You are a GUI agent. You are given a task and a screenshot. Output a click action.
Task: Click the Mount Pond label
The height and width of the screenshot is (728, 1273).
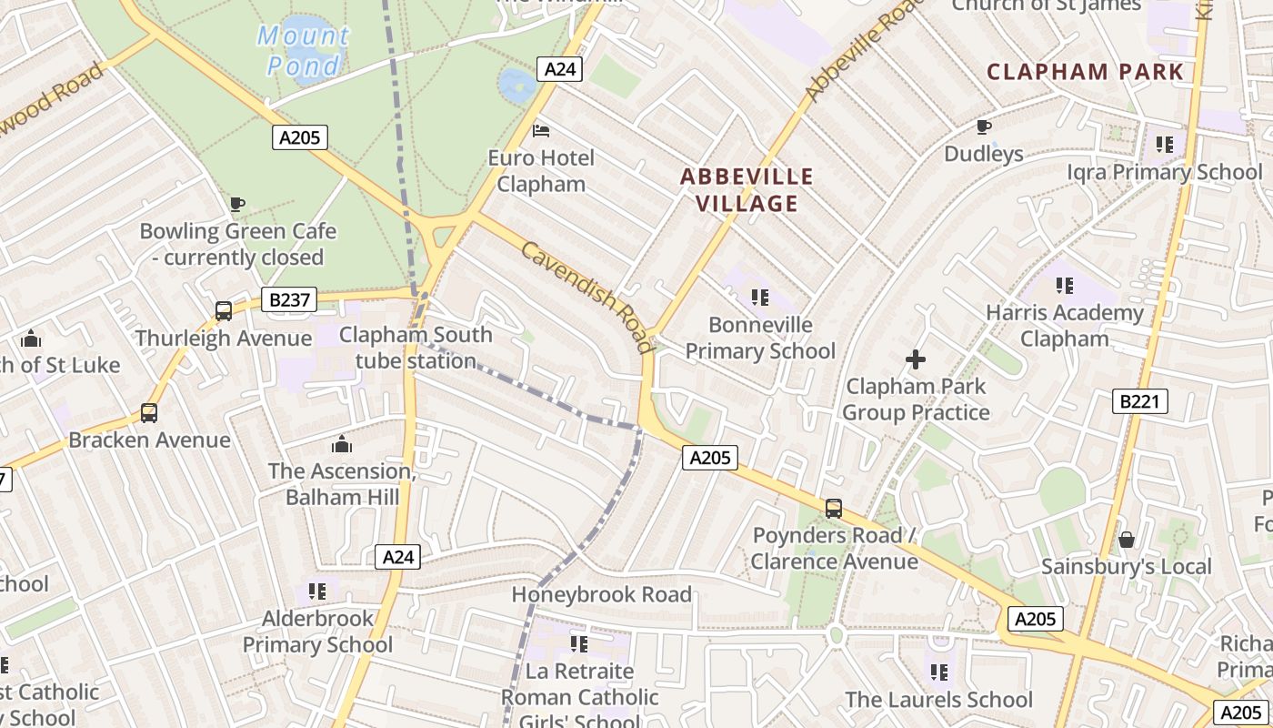(x=303, y=50)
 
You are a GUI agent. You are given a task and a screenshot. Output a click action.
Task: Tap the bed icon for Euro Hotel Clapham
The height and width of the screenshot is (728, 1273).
(x=541, y=131)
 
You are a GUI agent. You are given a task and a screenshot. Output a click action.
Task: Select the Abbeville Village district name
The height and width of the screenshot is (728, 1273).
(x=747, y=189)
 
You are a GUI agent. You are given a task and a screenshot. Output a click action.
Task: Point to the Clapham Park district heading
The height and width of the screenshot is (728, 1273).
(x=1085, y=72)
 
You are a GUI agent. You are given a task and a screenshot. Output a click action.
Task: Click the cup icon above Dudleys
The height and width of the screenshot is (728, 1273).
(x=983, y=126)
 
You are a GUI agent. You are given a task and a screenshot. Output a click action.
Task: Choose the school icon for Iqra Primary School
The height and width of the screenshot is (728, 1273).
(x=1165, y=145)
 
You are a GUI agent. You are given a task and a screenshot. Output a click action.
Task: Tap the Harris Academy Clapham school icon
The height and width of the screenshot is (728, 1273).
(x=1065, y=286)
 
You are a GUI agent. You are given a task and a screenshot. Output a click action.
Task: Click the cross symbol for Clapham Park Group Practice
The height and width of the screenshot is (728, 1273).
(x=916, y=359)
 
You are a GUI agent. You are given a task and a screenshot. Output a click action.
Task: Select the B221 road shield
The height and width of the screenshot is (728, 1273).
(x=1139, y=401)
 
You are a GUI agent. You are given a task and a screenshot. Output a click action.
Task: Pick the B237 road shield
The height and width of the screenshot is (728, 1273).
(x=288, y=299)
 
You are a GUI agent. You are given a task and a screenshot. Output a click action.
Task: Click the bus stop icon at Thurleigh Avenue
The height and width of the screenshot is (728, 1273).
(x=224, y=311)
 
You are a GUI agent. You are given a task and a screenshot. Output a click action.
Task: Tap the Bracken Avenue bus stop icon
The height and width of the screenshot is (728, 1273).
(x=149, y=413)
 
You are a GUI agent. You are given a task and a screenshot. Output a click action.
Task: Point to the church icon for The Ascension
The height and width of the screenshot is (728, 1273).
(x=342, y=444)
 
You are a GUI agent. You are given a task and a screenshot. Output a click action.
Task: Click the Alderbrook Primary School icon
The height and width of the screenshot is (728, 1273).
(x=317, y=591)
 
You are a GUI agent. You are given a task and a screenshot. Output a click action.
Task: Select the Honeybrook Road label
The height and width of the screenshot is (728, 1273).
(x=601, y=594)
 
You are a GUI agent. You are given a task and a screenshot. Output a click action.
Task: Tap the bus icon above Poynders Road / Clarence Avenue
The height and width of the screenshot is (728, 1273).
(x=834, y=509)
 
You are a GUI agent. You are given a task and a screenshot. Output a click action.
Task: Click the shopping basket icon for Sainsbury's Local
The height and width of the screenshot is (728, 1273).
(x=1127, y=540)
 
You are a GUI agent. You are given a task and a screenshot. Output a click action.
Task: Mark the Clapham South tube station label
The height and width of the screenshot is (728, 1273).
(x=416, y=348)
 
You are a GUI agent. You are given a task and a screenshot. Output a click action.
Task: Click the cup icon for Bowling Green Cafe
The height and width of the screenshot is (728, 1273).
(x=237, y=204)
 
